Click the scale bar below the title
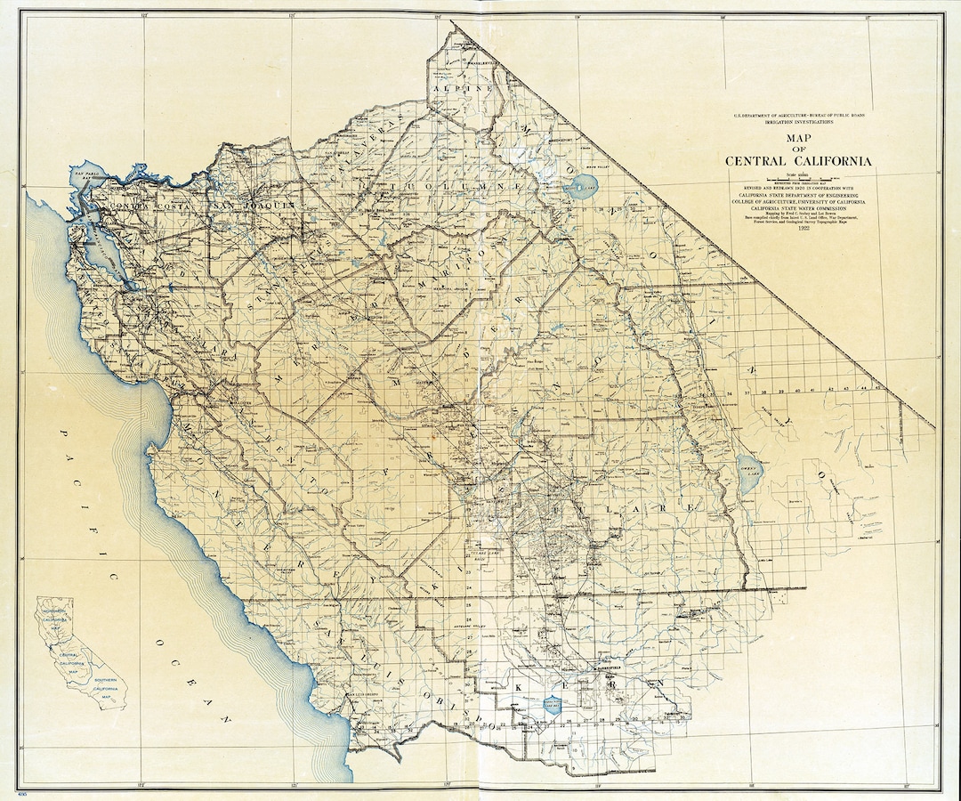[799, 180]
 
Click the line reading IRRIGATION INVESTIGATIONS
[799, 124]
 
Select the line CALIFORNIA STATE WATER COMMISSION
[799, 209]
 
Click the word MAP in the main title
[799, 138]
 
